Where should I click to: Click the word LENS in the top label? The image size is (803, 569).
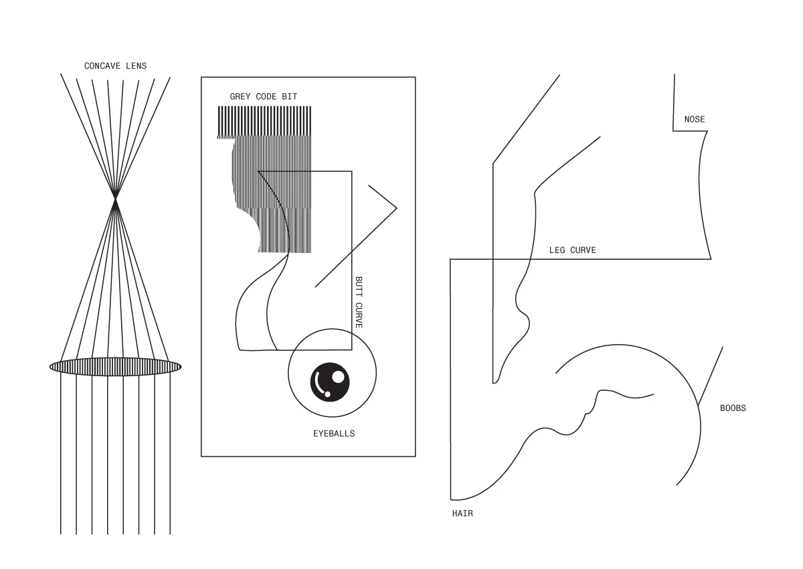pos(136,66)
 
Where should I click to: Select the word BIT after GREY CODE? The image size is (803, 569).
pos(289,96)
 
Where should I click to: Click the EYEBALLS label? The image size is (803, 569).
pos(334,434)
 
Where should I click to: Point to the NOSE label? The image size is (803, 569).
pos(694,120)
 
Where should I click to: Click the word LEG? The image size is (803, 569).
pos(557,250)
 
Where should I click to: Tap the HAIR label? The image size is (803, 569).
pos(462,514)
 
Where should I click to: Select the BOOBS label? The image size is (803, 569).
pos(733,408)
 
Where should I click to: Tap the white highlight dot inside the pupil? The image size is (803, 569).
pos(338,377)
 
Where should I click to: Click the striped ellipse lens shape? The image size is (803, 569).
pos(115,366)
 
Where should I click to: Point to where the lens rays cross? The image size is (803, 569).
pos(116,198)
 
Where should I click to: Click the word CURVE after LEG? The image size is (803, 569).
pos(582,250)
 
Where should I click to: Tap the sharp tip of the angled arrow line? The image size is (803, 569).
pos(397,208)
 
